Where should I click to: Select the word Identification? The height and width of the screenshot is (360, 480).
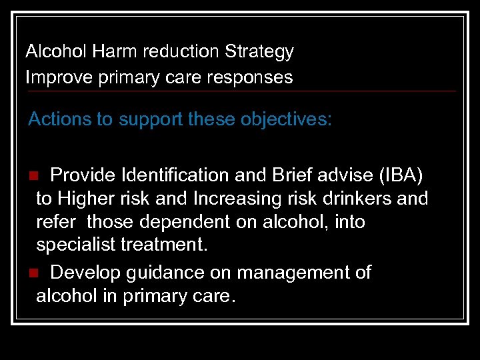pyautogui.click(x=172, y=175)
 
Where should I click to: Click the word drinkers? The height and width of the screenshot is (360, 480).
pyautogui.click(x=351, y=199)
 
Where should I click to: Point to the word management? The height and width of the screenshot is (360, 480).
pyautogui.click(x=284, y=273)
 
